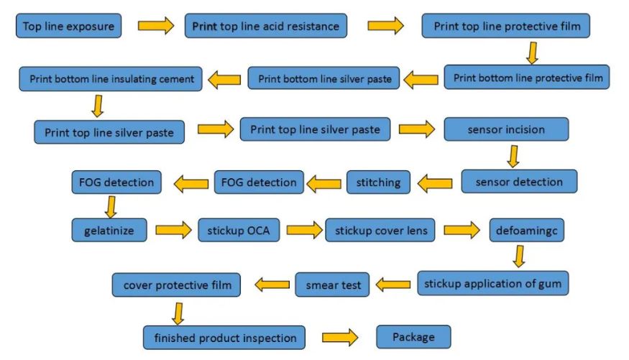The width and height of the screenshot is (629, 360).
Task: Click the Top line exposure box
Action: [68, 27]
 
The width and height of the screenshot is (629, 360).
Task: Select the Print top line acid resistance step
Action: [266, 27]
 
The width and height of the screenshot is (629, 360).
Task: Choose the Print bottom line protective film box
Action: [527, 77]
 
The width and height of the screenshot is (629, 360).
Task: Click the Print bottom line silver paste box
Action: [325, 78]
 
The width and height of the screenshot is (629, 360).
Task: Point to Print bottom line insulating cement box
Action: [111, 78]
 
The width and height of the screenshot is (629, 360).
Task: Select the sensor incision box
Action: [506, 129]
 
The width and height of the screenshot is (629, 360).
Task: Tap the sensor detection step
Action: [519, 182]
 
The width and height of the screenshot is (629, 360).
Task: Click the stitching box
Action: [378, 182]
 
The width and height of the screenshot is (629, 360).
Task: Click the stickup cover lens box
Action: [380, 231]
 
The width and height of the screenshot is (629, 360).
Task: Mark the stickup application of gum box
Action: [493, 282]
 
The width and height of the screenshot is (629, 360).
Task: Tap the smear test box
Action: [333, 285]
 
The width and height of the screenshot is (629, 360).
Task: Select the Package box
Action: [414, 336]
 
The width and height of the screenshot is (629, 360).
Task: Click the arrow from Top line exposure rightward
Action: [155, 27]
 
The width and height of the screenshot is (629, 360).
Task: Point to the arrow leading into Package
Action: [339, 337]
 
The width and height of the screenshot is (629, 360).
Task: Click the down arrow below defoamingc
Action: [518, 256]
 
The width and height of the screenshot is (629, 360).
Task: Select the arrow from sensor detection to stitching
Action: [435, 183]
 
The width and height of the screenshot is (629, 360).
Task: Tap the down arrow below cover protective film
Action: [178, 313]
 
